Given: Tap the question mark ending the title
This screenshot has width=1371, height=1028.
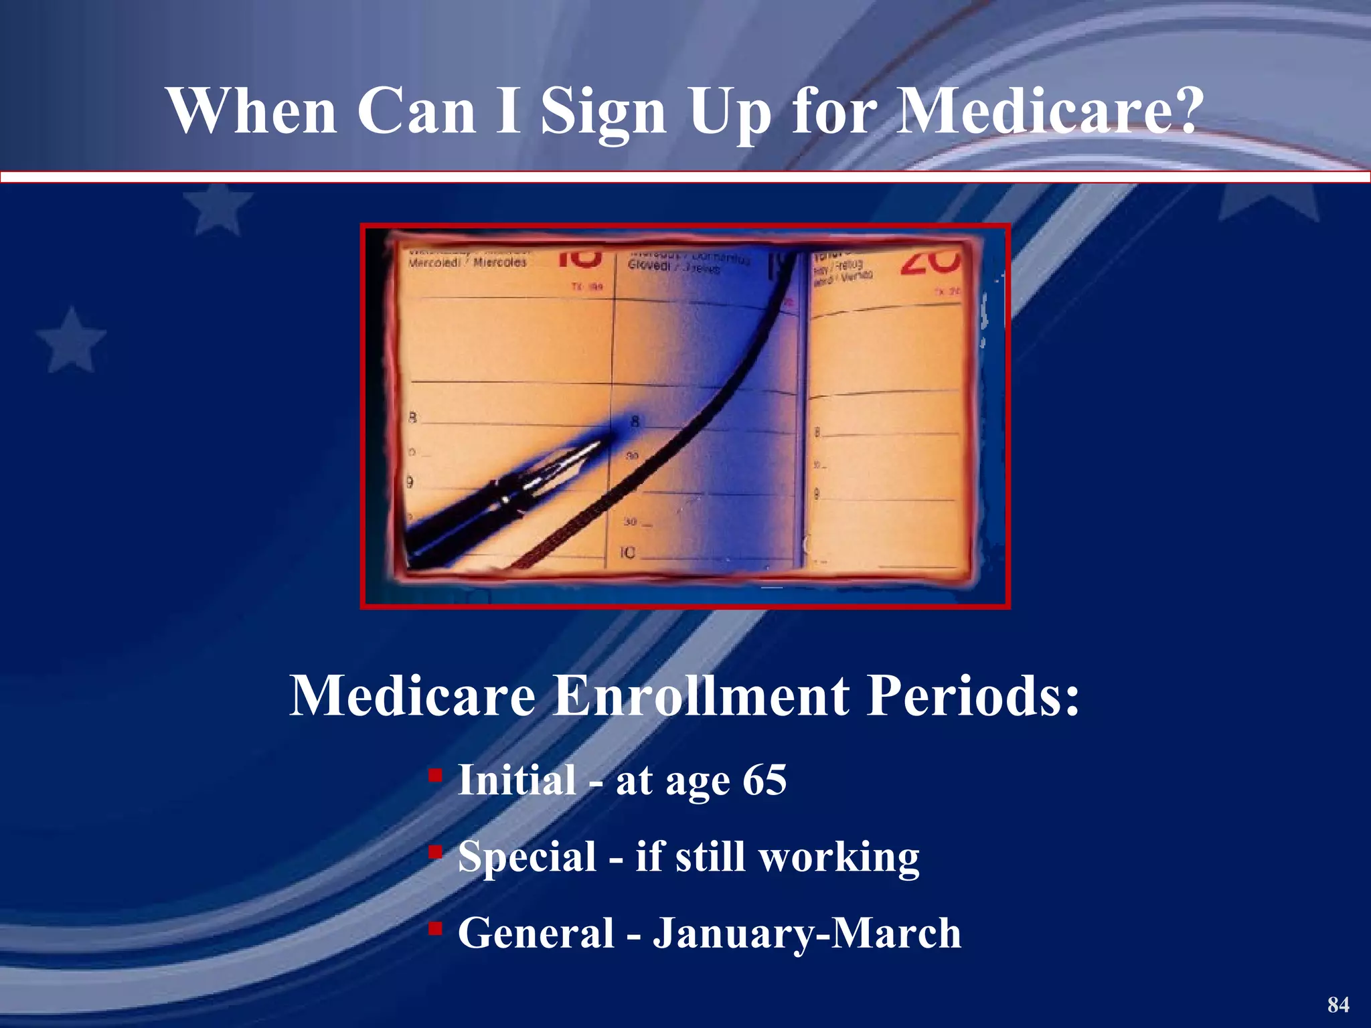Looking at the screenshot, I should point(1186,110).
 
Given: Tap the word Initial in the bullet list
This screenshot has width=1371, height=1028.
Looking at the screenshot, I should point(517,780).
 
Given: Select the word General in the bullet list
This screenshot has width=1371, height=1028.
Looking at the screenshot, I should point(536,933).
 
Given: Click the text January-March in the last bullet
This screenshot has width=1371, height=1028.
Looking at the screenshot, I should point(807,933).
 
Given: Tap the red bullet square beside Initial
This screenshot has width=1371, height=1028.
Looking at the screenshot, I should point(435,776).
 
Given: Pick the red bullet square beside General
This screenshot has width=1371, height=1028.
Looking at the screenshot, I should point(435,928).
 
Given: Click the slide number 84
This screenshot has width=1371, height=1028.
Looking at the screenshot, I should point(1338,1005).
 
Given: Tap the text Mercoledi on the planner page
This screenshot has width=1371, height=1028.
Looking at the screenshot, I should point(434,262).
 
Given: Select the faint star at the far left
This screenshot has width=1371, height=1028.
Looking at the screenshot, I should point(71,340).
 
